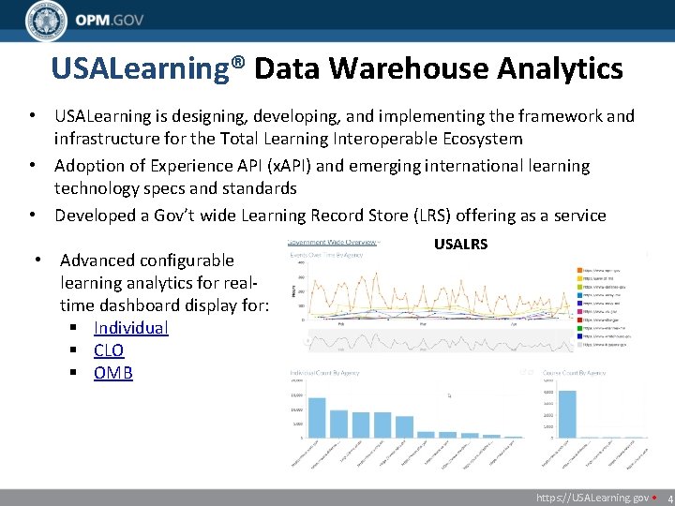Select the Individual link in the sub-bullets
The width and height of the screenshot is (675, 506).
pos(130,328)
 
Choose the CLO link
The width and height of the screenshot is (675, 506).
pos(109,350)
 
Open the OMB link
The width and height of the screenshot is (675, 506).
pos(113,373)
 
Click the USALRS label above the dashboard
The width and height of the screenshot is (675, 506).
pos(460,244)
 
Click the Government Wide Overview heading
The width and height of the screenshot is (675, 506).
pos(333,241)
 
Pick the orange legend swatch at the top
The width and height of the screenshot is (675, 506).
pos(580,271)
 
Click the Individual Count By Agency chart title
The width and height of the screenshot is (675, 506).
pos(326,374)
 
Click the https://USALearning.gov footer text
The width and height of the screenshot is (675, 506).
pos(592,499)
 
